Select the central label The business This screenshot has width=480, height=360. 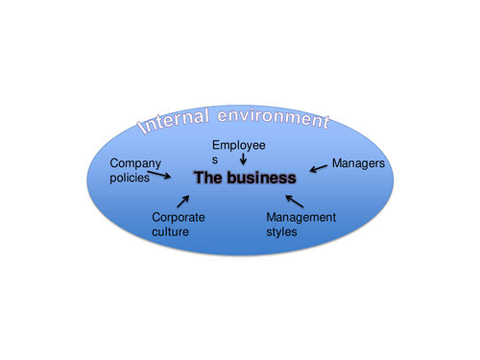coord(245,179)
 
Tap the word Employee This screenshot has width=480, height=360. coord(239,145)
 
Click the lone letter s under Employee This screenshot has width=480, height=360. coord(216,159)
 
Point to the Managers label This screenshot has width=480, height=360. coord(358,164)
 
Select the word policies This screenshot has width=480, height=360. coord(130,178)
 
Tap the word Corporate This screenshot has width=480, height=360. coord(178,218)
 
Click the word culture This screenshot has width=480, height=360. coord(170,231)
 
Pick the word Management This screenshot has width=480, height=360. coord(300,218)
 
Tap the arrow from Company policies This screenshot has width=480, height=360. coord(166,175)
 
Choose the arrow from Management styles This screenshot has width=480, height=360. coord(295,201)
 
